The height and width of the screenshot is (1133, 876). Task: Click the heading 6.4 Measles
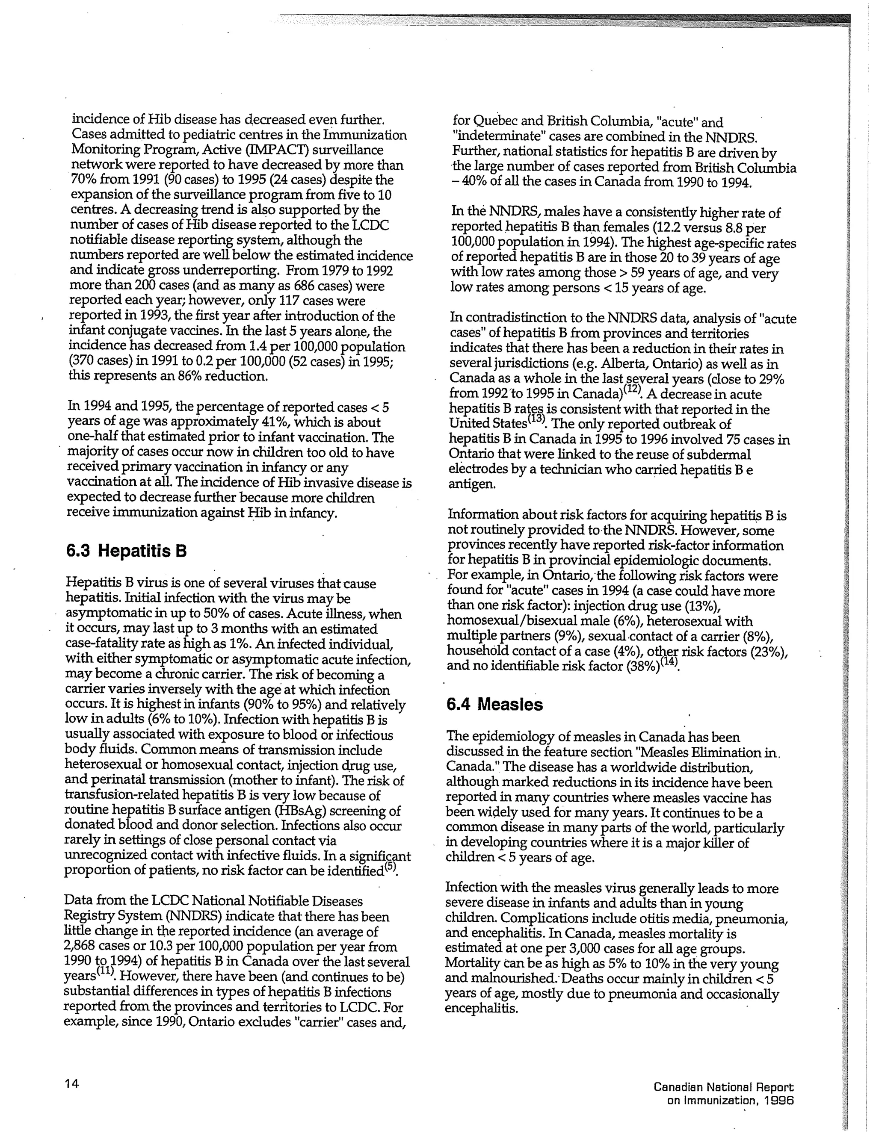coord(494,705)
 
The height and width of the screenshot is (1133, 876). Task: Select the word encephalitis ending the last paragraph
coord(481,1009)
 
